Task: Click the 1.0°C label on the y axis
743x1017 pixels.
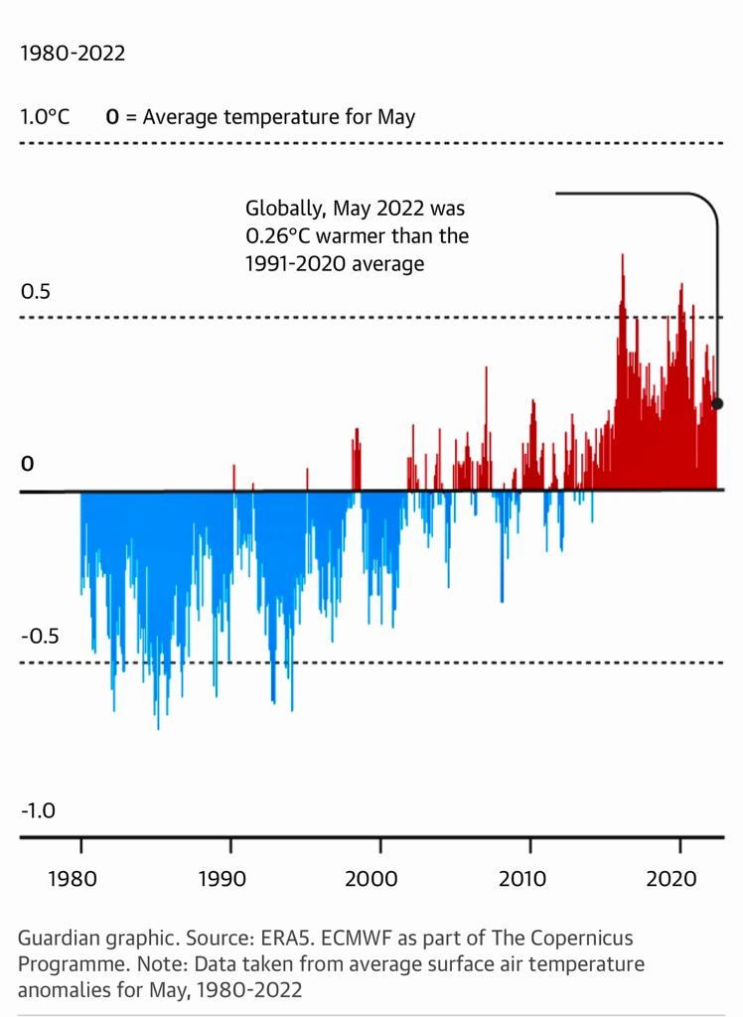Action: click(x=45, y=117)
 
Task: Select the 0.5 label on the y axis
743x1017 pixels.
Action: click(x=35, y=292)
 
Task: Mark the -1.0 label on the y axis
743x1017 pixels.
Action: click(x=38, y=810)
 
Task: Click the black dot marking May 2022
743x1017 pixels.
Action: click(x=718, y=404)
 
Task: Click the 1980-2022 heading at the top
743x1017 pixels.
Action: click(x=73, y=54)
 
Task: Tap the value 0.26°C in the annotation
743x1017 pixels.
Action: click(x=281, y=236)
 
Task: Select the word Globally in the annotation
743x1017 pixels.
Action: click(x=285, y=210)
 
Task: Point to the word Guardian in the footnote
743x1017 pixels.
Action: click(x=56, y=939)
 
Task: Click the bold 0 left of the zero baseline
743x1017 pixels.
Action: click(x=28, y=464)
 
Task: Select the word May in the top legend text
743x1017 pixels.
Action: click(x=395, y=117)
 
